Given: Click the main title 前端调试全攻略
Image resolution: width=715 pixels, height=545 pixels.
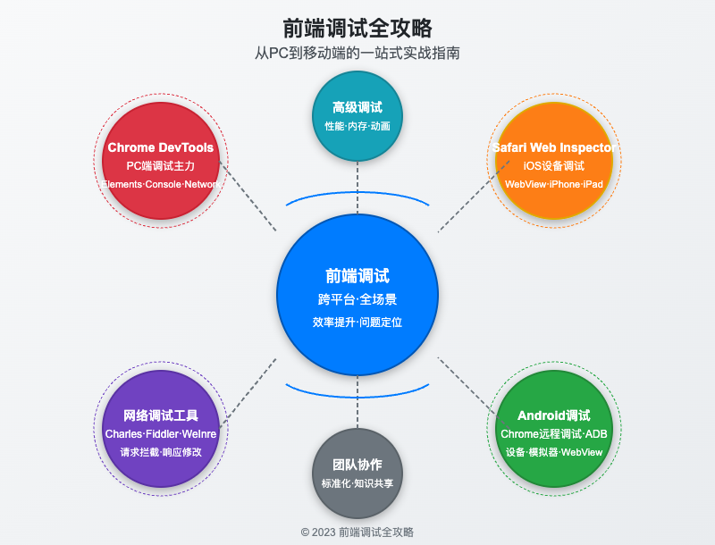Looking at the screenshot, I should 357,28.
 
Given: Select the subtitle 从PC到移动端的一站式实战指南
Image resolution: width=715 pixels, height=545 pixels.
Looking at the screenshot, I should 357,54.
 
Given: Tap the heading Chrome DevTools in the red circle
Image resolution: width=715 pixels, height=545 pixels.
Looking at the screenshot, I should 161,147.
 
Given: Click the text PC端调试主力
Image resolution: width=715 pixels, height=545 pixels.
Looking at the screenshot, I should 161,166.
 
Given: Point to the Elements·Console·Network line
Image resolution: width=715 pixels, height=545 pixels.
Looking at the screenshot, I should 161,184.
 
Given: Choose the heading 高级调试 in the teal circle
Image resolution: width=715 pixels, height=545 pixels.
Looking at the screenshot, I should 357,107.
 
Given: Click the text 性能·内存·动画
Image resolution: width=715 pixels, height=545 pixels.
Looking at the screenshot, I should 357,126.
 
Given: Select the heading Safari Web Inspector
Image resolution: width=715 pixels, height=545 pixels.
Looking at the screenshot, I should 554,147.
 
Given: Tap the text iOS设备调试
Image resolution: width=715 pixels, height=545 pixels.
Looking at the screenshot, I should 554,166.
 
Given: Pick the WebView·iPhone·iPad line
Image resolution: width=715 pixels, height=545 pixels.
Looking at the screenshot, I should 554,184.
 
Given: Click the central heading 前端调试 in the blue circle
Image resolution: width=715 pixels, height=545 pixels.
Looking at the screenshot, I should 357,276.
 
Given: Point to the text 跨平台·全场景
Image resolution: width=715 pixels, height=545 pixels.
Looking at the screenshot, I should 357,299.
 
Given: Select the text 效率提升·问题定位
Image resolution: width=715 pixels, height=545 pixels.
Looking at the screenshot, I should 357,322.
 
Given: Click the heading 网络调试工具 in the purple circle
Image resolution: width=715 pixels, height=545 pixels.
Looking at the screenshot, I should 161,415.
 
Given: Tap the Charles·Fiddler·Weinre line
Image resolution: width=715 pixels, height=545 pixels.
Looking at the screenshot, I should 161,434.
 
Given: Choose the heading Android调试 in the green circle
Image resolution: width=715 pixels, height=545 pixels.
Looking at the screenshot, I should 554,415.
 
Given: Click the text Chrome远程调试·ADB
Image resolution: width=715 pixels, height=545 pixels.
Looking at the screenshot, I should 554,434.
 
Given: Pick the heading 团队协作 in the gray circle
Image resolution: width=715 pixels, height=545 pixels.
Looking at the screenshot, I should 357,465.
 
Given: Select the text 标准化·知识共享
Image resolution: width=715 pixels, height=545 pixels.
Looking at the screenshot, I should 357,483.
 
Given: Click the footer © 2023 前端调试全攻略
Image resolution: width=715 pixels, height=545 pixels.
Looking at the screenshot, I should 357,532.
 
